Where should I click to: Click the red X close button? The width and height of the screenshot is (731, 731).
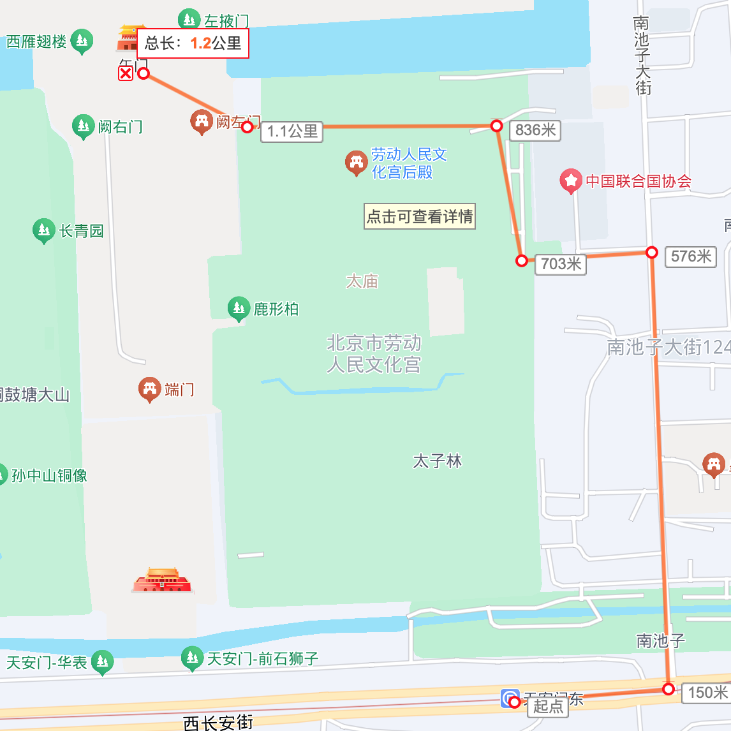pos(126,73)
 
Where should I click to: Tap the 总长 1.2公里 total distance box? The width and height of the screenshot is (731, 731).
pos(193,43)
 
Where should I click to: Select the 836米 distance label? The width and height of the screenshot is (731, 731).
pos(535,131)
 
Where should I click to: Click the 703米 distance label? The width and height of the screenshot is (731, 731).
pos(561,264)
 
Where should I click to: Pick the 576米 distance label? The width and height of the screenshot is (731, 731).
pos(691,256)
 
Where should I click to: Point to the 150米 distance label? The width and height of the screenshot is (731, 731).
pos(707,693)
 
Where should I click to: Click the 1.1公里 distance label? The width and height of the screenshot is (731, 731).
pos(292,132)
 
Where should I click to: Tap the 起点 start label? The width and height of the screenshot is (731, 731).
pos(548,707)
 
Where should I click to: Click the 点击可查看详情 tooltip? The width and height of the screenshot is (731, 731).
pos(420,217)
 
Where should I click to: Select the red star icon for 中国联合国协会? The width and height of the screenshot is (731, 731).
pos(570,181)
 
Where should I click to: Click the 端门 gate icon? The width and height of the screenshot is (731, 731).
pos(150,388)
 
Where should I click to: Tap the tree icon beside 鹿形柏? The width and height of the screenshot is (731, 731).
pos(239,309)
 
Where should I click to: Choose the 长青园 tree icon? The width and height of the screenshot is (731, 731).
pos(43,230)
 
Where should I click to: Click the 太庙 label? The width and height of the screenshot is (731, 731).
pos(362,281)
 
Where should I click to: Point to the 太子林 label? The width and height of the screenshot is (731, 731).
pos(437,461)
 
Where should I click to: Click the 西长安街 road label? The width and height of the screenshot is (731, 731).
pos(218,723)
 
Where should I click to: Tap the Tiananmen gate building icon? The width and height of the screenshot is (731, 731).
pos(162,580)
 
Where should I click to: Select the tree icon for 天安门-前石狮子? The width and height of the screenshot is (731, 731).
pos(191,658)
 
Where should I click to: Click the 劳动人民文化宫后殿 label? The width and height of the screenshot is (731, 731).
pos(408,163)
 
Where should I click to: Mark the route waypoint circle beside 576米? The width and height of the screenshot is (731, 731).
pos(651,253)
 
